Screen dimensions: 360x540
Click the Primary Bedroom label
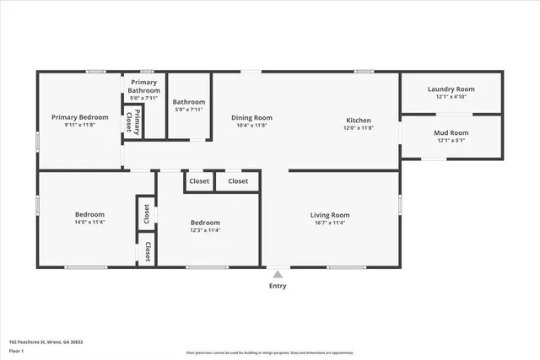80,117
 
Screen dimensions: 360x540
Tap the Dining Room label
251,117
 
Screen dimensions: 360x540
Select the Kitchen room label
359,120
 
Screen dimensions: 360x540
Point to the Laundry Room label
451,89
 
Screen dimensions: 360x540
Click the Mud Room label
451,132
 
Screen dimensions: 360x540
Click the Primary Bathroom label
143,85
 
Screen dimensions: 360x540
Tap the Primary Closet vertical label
138,122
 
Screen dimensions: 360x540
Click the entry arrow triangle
278,273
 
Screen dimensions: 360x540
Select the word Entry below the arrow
278,286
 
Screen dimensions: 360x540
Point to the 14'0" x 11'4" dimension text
89,223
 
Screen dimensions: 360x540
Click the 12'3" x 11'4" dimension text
206,230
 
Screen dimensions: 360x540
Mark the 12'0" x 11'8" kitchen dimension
359,127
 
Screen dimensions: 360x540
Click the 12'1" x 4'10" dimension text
451,96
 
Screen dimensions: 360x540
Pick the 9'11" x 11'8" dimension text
80,125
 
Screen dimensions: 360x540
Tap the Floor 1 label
16,350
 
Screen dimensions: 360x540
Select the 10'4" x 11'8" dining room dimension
251,125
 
